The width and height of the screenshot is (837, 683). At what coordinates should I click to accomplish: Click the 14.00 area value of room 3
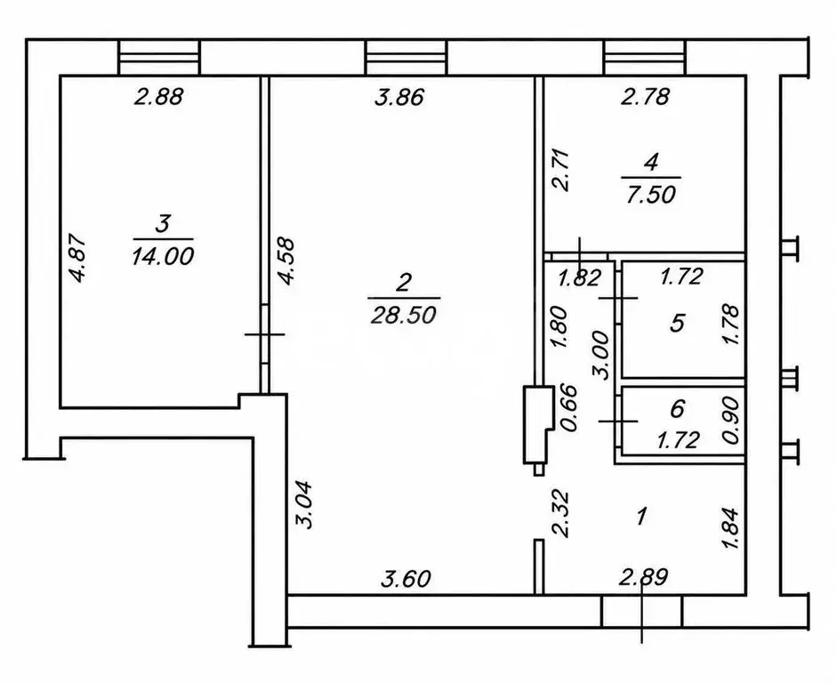162,257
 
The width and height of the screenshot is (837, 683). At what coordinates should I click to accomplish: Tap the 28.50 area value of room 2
403,316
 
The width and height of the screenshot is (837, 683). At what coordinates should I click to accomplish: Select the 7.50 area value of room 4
651,195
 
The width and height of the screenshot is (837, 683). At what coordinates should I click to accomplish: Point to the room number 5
677,324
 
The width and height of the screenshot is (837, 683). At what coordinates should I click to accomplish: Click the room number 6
677,409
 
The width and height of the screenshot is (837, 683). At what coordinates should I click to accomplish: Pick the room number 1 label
642,516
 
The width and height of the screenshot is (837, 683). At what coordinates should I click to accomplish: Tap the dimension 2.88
159,97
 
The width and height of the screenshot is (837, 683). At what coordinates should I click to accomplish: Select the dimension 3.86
399,98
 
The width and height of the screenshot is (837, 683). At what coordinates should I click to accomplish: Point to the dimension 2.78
646,97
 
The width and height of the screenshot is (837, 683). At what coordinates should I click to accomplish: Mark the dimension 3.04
305,504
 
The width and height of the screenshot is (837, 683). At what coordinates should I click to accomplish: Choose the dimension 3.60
406,578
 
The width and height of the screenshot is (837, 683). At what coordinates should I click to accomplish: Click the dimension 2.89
643,577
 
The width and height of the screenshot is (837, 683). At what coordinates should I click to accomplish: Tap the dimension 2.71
561,171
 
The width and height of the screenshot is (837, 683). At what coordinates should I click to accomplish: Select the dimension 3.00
601,355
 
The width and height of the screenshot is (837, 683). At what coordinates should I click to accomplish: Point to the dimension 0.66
569,408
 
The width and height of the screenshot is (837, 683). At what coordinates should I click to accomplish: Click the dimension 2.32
561,513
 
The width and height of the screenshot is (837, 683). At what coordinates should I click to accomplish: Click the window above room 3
159,57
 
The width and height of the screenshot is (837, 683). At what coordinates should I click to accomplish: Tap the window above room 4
644,57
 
